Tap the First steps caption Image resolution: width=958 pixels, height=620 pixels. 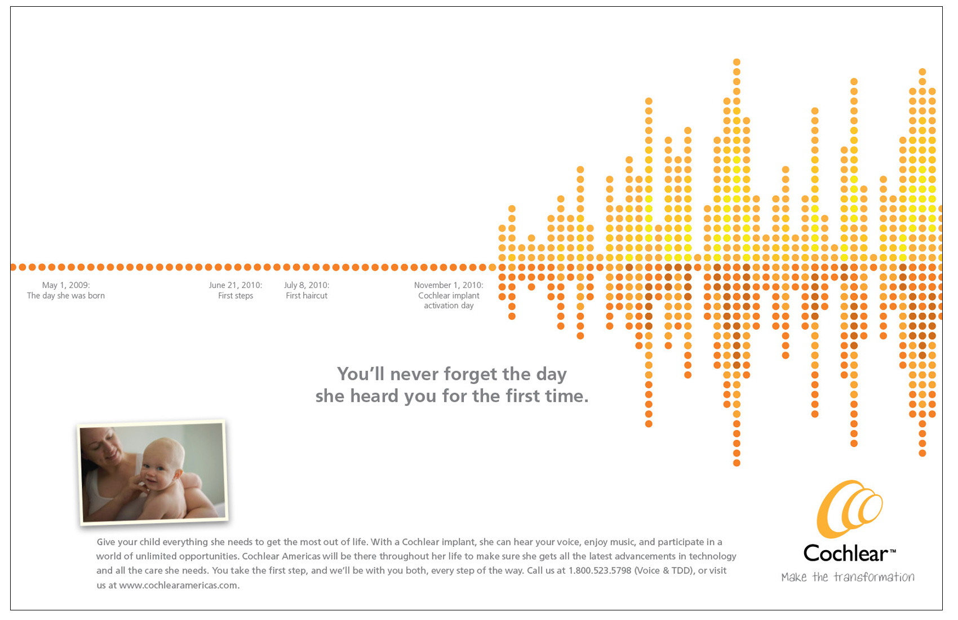236,296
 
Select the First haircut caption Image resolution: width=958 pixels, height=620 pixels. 307,296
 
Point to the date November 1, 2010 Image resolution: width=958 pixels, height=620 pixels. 449,285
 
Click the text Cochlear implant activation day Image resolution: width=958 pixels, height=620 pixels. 449,300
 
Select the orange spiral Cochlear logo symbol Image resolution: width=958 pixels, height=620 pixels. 849,509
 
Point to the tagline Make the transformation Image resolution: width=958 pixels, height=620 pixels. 848,577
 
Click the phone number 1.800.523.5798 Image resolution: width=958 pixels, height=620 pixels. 600,570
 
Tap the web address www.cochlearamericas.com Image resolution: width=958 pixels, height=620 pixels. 179,585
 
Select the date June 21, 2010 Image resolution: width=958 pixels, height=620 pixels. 235,285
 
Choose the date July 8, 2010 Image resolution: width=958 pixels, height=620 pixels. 307,285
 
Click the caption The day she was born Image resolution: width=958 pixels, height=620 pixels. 66,296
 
